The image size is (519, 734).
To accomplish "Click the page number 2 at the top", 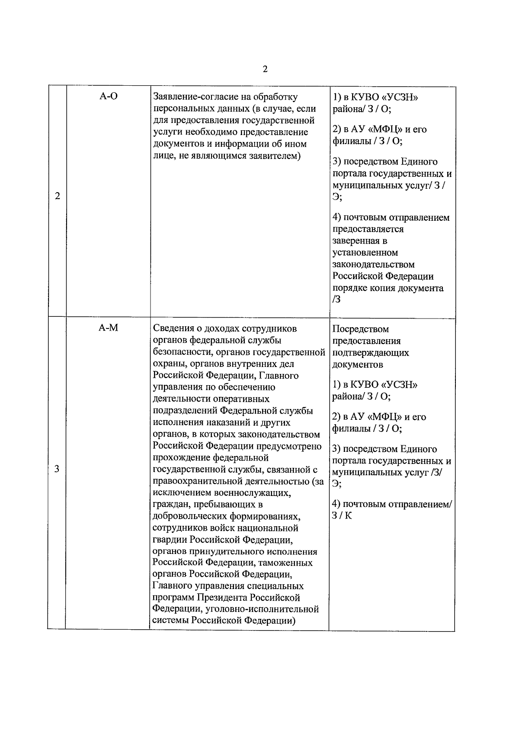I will tap(265, 69).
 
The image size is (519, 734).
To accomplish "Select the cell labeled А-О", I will tap(108, 97).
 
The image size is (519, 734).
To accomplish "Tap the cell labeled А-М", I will tap(108, 328).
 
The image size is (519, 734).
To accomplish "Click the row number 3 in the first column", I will tap(57, 469).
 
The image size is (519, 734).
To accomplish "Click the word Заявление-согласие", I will tap(193, 97).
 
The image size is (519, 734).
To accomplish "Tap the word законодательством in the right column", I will tap(373, 264).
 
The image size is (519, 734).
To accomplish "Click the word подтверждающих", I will tap(370, 353).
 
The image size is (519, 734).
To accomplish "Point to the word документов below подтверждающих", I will tap(357, 364).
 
